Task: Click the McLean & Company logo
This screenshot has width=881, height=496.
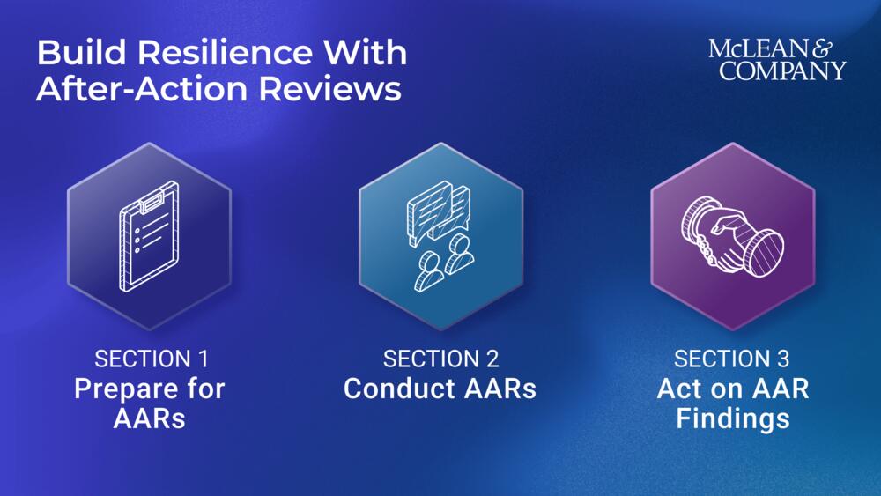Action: [777, 60]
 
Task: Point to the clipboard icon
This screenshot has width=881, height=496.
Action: [148, 237]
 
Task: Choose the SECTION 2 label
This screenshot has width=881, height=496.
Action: [440, 359]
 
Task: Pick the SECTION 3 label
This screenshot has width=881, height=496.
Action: [732, 359]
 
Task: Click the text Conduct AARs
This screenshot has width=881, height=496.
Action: [440, 389]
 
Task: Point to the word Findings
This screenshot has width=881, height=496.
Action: [732, 418]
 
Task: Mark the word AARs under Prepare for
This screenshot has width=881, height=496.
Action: [149, 418]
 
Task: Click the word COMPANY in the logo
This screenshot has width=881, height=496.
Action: [782, 71]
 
